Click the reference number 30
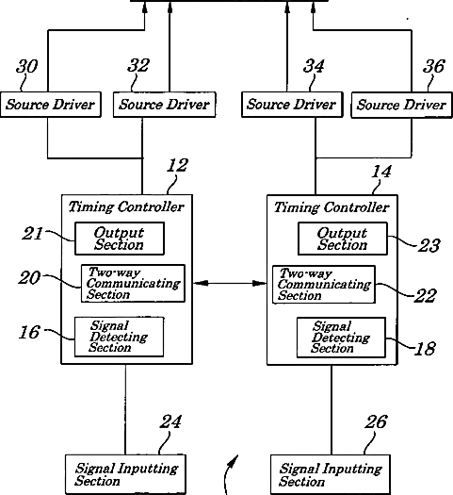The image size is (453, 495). [26, 66]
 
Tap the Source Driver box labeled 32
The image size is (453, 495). [165, 105]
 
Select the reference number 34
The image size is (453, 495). [314, 66]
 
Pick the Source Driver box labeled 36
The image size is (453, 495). [401, 105]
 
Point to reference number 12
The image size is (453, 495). [177, 165]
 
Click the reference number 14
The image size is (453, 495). [381, 172]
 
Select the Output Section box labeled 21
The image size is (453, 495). [120, 239]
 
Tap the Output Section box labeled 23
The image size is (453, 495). [343, 239]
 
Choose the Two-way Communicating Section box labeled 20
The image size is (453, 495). [133, 284]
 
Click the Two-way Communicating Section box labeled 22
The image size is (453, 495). [324, 285]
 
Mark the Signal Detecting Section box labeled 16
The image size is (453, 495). [120, 337]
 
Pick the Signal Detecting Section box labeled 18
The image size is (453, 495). [342, 338]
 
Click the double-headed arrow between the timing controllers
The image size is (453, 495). [230, 283]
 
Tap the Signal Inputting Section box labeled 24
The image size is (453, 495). [125, 474]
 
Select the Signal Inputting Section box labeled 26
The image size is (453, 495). [331, 474]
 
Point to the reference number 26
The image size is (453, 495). [376, 422]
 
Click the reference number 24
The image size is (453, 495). [170, 421]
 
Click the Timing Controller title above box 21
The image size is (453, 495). [126, 207]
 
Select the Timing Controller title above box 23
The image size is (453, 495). [332, 207]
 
